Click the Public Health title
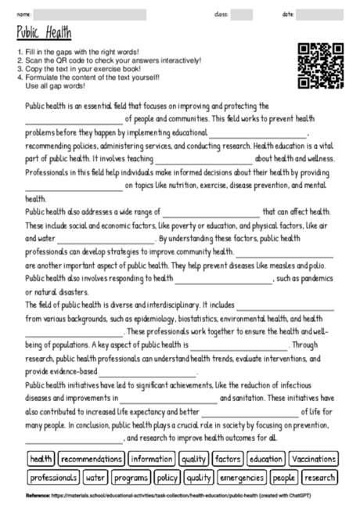click(43, 33)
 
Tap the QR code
click(321, 65)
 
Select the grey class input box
click(242, 14)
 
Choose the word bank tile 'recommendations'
click(90, 459)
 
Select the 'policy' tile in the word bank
click(167, 477)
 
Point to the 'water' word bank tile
click(95, 477)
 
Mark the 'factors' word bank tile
click(228, 459)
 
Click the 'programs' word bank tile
click(130, 477)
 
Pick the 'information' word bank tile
click(151, 459)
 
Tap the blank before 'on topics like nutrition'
click(74, 186)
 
